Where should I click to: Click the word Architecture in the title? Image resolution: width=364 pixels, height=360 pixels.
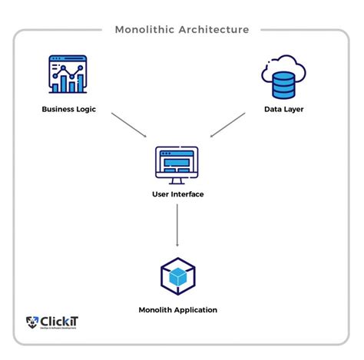pyautogui.click(x=213, y=30)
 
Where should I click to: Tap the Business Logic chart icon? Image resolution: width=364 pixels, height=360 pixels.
pyautogui.click(x=67, y=74)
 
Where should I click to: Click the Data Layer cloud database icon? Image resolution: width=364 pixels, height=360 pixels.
pyautogui.click(x=283, y=76)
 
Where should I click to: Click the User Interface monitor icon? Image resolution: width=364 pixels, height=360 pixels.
pyautogui.click(x=177, y=163)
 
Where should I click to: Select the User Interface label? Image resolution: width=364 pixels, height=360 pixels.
pyautogui.click(x=177, y=194)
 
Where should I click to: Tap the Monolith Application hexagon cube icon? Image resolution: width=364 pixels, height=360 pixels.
pyautogui.click(x=177, y=277)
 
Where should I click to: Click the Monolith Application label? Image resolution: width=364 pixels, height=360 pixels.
pyautogui.click(x=177, y=310)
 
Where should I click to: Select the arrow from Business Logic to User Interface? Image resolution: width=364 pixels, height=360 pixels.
pyautogui.click(x=129, y=126)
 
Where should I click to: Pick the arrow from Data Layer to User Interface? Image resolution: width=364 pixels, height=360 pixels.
pyautogui.click(x=227, y=126)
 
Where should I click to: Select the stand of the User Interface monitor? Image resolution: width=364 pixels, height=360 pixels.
pyautogui.click(x=177, y=180)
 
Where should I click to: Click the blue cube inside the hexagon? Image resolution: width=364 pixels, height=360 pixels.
pyautogui.click(x=177, y=279)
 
